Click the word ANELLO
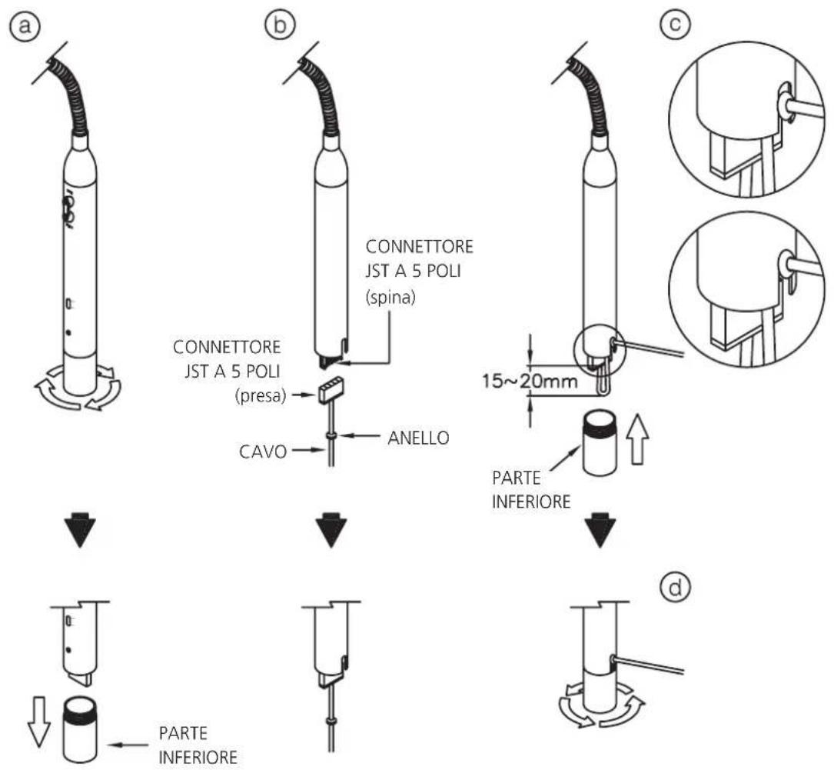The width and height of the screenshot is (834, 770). [418, 438]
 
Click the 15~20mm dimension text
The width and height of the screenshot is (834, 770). [530, 381]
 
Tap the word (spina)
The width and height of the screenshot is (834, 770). [390, 297]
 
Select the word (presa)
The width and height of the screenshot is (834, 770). [260, 396]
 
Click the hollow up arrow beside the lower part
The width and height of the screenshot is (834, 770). [637, 441]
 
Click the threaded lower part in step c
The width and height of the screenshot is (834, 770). [600, 442]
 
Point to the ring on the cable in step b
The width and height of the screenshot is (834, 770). [331, 436]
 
